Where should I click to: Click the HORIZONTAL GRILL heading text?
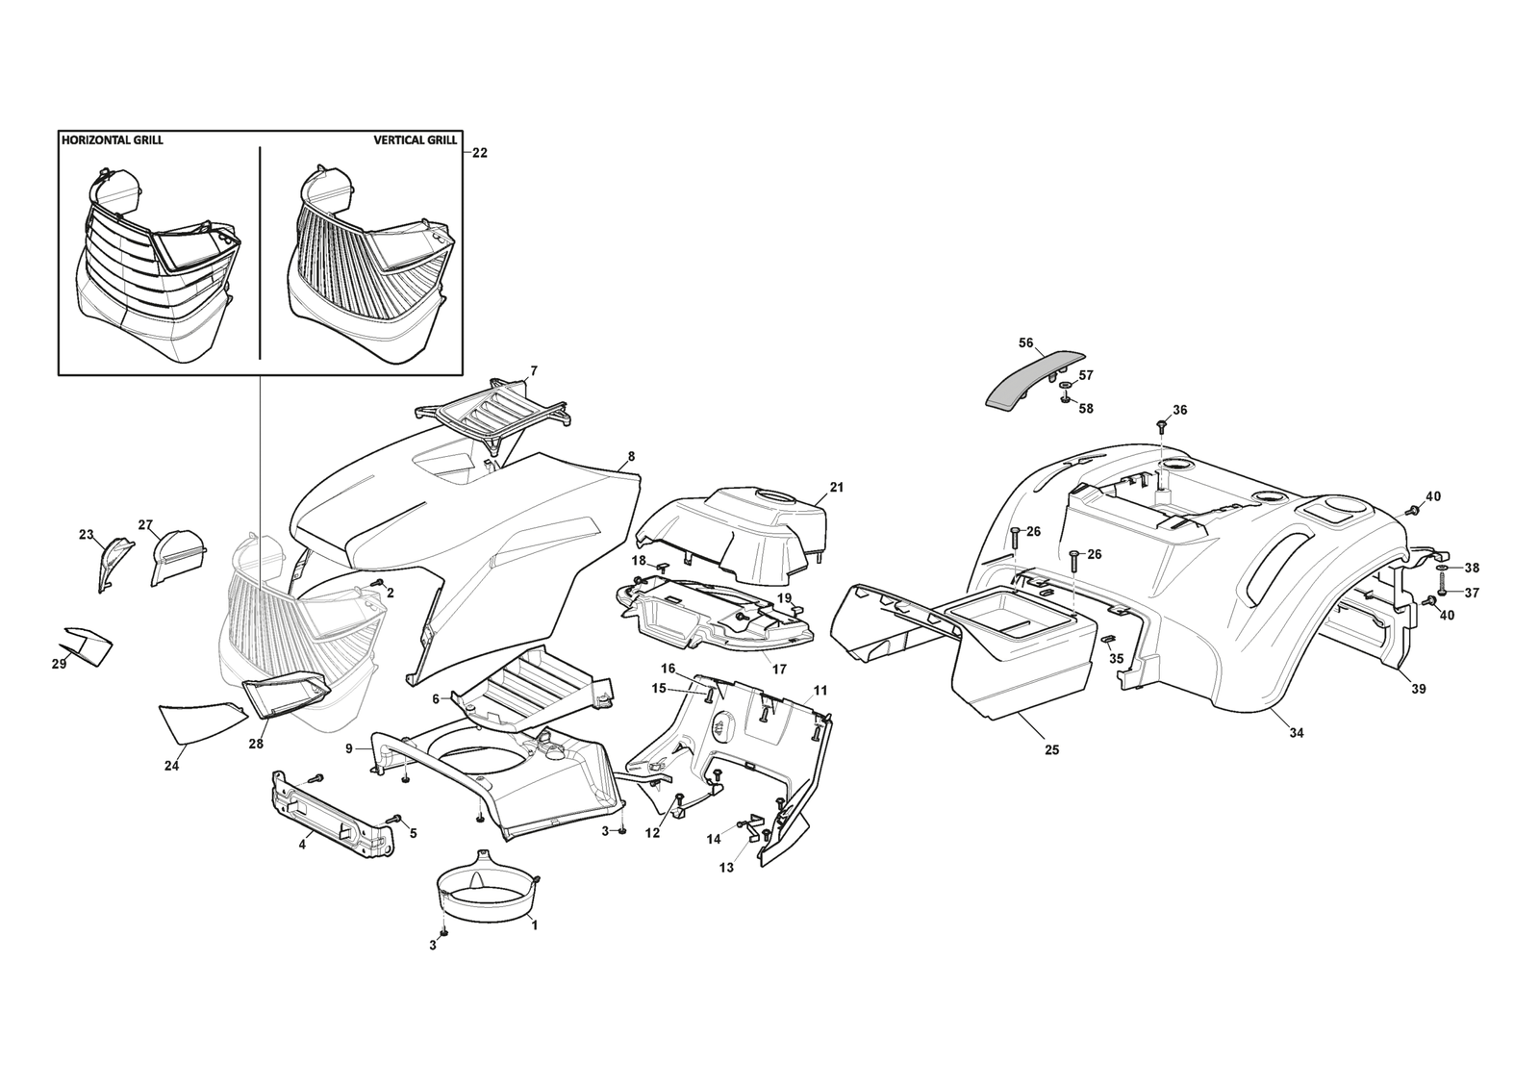112,139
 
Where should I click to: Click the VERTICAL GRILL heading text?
415,139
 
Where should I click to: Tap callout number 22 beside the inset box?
480,152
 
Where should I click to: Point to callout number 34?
1297,733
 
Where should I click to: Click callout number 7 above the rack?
534,370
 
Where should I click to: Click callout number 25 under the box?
1051,749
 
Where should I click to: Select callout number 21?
837,488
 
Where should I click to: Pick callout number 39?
1419,689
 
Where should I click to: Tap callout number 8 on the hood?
631,457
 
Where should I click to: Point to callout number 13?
726,868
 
